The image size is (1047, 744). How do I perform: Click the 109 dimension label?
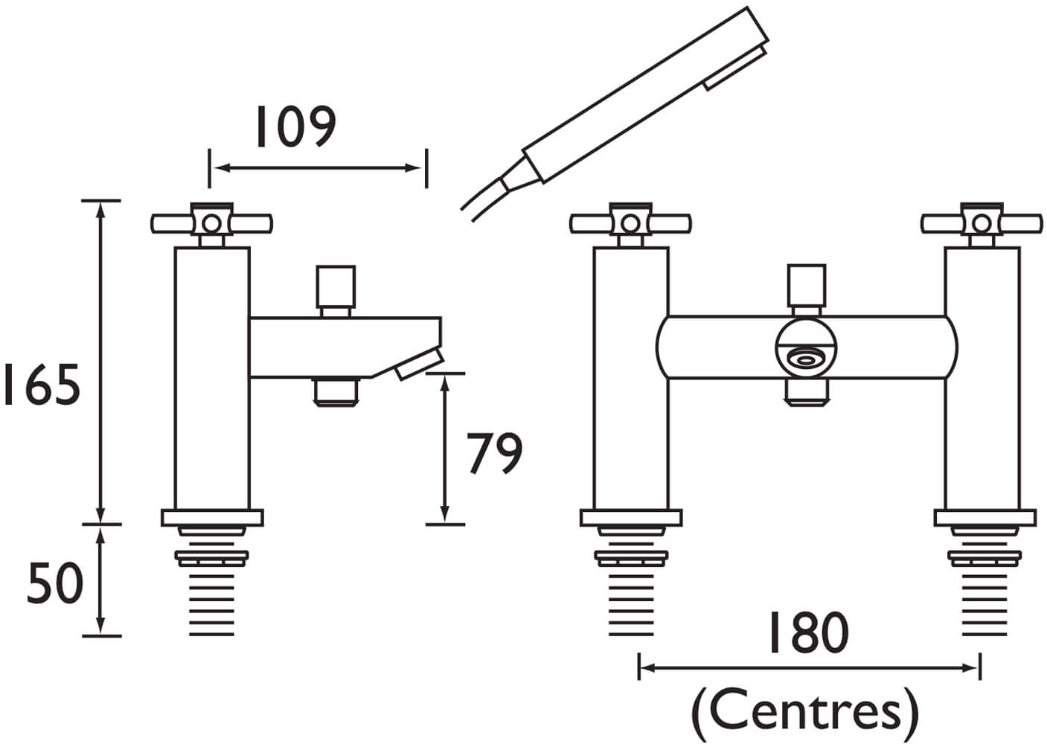(x=295, y=127)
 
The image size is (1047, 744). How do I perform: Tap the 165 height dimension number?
(x=42, y=385)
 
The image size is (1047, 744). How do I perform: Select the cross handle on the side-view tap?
(x=212, y=222)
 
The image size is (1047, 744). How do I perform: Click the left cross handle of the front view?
(x=631, y=222)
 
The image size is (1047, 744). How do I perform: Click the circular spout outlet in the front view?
(x=806, y=360)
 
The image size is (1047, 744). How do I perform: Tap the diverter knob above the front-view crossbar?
(x=807, y=288)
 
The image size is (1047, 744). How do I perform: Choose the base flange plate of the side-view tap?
(x=212, y=518)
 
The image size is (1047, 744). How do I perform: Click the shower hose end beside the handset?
(x=484, y=195)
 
